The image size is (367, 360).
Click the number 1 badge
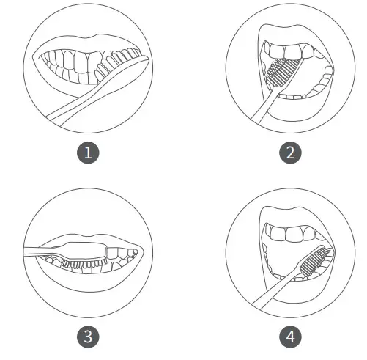[89, 153]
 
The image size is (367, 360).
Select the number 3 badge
[89, 337]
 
